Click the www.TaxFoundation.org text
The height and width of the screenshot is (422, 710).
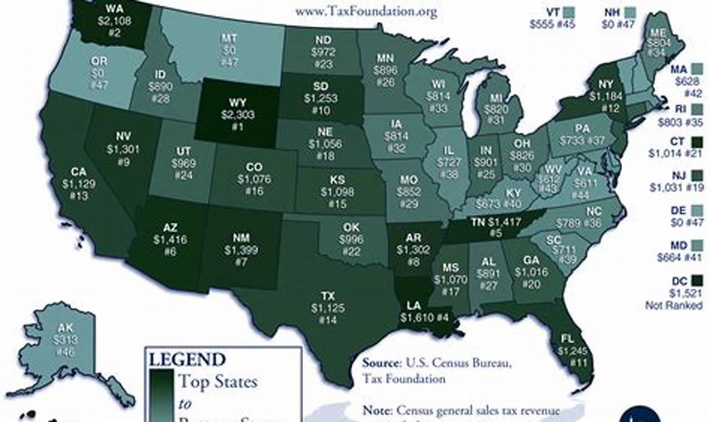[x=366, y=11]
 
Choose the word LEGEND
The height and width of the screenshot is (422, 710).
[x=187, y=359]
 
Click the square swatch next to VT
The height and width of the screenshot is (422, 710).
[x=568, y=11]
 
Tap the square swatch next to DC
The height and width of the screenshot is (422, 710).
[x=697, y=281]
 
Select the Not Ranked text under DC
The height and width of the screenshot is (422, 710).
[x=673, y=305]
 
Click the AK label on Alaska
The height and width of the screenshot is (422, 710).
[x=66, y=329]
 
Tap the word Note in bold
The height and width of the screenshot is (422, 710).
[x=378, y=411]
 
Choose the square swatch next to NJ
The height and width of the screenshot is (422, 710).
[x=697, y=175]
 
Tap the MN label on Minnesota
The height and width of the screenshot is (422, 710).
[x=385, y=58]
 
